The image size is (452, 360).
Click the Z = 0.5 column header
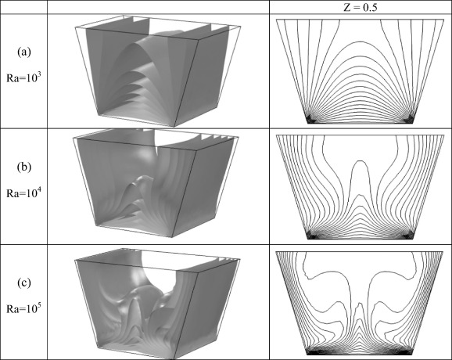pyautogui.click(x=360, y=7)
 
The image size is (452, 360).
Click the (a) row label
pyautogui.click(x=23, y=52)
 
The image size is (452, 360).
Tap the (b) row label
pyautogui.click(x=23, y=167)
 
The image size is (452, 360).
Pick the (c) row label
pyautogui.click(x=23, y=283)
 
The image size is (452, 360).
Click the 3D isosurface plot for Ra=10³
pyautogui.click(x=158, y=70)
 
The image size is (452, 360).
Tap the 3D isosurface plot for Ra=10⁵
pyautogui.click(x=157, y=303)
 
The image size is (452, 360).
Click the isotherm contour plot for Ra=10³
pyautogui.click(x=360, y=71)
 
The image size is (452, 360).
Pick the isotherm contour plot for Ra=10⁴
pyautogui.click(x=360, y=187)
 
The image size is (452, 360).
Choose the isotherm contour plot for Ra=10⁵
pyautogui.click(x=360, y=303)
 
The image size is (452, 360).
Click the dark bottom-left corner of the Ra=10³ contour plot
pyautogui.click(x=311, y=119)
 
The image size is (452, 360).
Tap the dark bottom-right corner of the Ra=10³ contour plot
pyautogui.click(x=409, y=119)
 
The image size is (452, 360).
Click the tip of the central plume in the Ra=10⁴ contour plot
pyautogui.click(x=360, y=160)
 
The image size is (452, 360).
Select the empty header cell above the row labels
pyautogui.click(x=23, y=7)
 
